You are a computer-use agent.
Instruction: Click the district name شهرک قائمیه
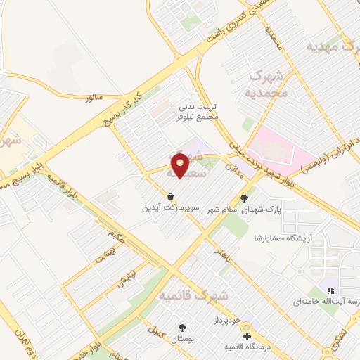[194, 296]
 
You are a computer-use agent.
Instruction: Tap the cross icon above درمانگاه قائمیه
[246, 337]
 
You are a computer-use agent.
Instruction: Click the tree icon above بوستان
[183, 328]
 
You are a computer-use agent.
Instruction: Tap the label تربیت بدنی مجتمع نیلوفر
[198, 112]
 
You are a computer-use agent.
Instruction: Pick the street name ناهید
[221, 250]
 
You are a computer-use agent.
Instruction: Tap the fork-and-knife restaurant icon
[330, 290]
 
